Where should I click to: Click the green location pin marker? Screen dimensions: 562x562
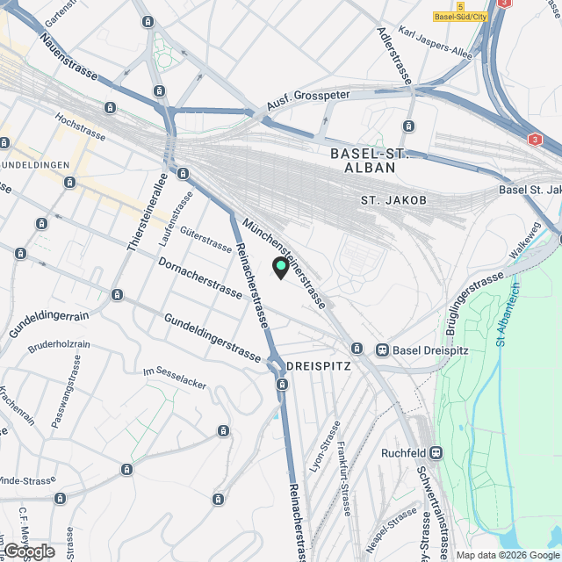click(x=281, y=267)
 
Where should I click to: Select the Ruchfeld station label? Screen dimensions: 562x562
click(x=404, y=453)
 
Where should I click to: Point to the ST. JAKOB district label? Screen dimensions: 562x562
click(x=393, y=201)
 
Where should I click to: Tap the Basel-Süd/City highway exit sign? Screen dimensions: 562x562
click(x=460, y=16)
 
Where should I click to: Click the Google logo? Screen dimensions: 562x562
click(x=29, y=551)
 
